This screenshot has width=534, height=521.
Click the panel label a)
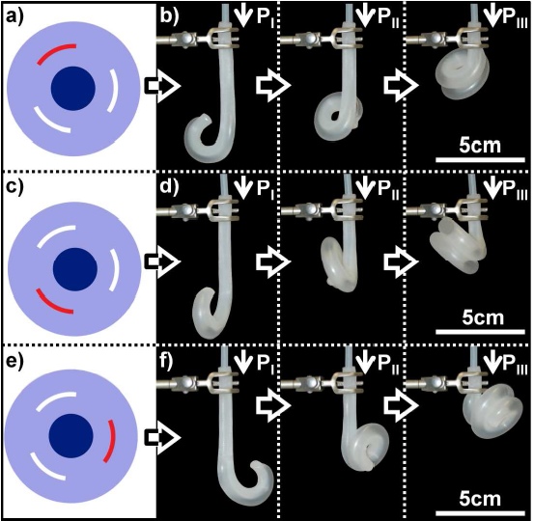tap(14, 16)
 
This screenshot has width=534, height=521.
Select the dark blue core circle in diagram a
tap(73, 89)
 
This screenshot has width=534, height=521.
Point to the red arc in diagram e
tap(111, 441)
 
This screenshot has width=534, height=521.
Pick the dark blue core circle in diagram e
tap(71, 436)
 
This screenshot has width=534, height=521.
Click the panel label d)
tap(169, 187)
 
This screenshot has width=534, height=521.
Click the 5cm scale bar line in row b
tap(480, 159)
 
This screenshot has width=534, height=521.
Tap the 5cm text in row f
tap(480, 499)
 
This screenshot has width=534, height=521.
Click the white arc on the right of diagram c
tap(115, 270)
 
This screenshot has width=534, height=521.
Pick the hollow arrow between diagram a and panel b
tap(163, 86)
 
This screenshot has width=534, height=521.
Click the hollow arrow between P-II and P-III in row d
tap(401, 262)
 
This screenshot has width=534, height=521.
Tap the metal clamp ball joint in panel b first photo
tap(187, 37)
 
